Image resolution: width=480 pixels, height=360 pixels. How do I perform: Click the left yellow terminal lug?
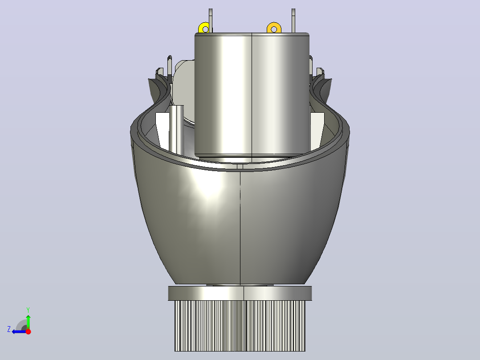point(204,28)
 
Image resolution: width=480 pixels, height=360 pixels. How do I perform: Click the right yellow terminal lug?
point(274,28)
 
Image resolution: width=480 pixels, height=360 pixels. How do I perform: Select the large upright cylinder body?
point(252,95)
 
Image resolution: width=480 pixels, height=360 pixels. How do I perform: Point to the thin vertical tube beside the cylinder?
point(176,129)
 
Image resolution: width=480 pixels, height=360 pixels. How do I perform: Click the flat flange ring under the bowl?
point(240,293)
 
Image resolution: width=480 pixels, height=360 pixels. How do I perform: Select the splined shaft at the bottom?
point(240,326)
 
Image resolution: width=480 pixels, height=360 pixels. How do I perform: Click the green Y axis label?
point(28,310)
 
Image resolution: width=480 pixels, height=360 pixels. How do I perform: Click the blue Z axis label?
point(9,329)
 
